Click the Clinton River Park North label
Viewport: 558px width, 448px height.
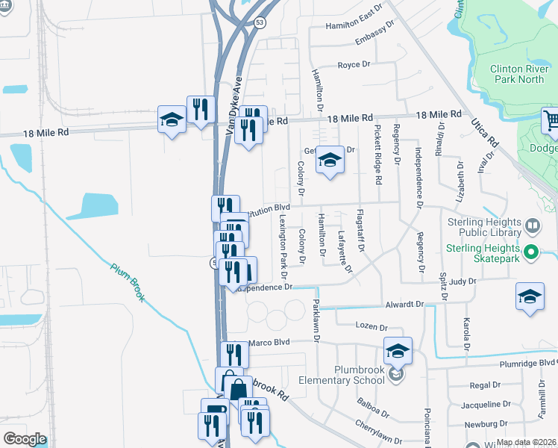tap(516, 74)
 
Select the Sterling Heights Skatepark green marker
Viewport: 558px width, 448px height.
tap(530, 252)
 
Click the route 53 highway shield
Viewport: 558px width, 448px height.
tap(259, 22)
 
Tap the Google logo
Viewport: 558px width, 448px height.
tap(25, 439)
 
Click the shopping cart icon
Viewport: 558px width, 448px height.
tap(551, 121)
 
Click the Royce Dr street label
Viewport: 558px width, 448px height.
tap(354, 65)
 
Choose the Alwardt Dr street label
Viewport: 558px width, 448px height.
tap(404, 305)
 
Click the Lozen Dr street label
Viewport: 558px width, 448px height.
tap(372, 327)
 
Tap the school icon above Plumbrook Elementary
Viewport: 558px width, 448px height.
tap(398, 349)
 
